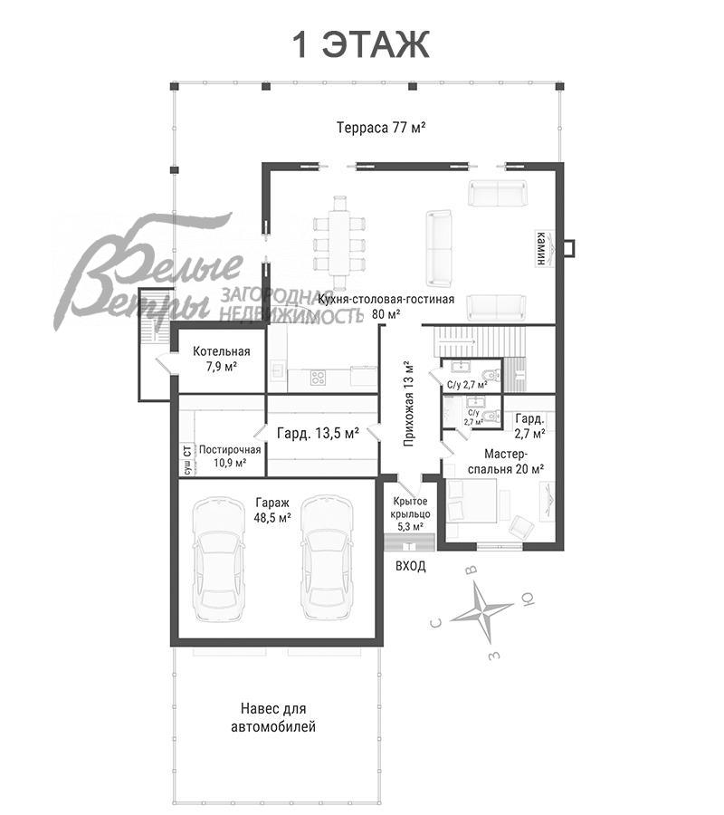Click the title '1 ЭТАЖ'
(361, 44)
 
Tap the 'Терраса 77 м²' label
(382, 128)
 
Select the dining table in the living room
(339, 242)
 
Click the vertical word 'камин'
(541, 248)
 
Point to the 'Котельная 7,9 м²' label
(221, 359)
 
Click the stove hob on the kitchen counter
(318, 378)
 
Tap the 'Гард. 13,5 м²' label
(318, 433)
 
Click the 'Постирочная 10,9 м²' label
(230, 455)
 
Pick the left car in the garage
(218, 558)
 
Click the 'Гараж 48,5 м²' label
(272, 510)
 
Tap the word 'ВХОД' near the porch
(411, 566)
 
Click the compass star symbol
(482, 611)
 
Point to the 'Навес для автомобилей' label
(273, 717)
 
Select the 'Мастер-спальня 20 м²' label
(505, 462)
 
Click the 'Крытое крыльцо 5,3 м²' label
(410, 513)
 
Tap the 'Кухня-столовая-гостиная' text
(386, 300)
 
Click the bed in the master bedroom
(472, 500)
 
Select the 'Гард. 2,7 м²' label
(529, 426)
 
